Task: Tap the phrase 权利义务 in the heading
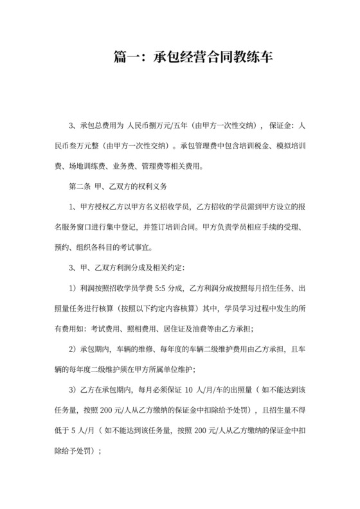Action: pyautogui.click(x=151, y=187)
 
